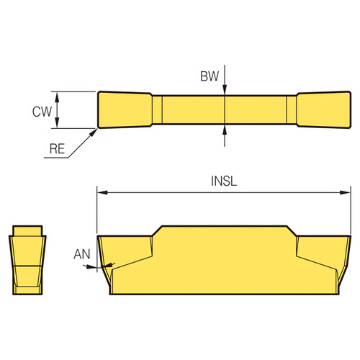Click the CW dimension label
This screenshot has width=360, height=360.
pyautogui.click(x=41, y=111)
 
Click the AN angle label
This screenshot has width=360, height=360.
pyautogui.click(x=82, y=254)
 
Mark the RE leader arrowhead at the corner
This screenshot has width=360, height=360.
pyautogui.click(x=96, y=132)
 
